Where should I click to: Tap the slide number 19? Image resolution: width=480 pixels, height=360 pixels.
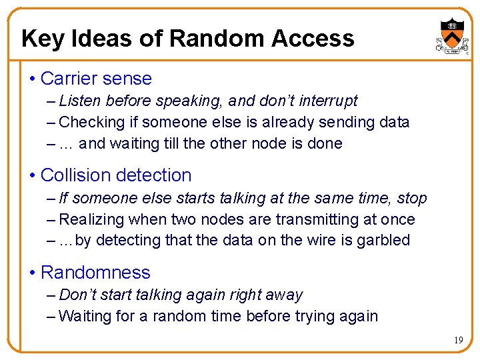tap(458, 341)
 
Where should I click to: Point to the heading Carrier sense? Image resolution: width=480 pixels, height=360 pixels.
tap(96, 79)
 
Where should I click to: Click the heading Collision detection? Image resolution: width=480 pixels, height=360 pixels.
tap(116, 175)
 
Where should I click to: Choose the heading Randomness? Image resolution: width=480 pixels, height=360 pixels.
tap(95, 273)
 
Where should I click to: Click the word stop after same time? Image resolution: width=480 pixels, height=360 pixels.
tap(412, 199)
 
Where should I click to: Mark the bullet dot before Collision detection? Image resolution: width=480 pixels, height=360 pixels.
tap(33, 176)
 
